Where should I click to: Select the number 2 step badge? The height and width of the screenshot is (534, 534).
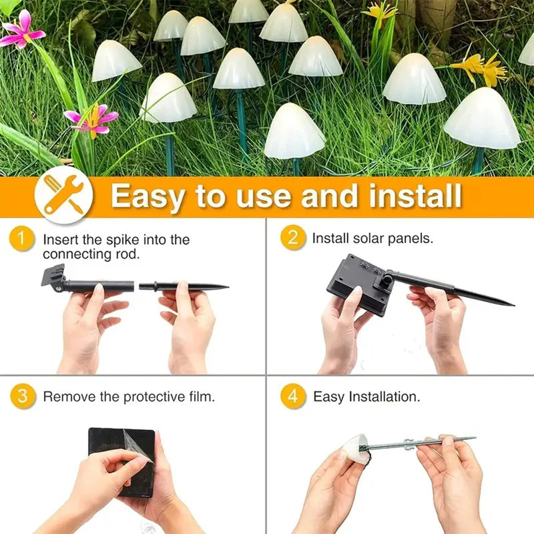[x=293, y=237]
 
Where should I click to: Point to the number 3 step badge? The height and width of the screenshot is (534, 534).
[x=23, y=396]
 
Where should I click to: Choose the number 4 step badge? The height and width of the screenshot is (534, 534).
[x=293, y=396]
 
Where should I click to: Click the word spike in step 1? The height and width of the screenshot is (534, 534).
[x=119, y=240]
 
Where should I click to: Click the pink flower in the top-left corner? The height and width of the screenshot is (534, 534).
[x=21, y=31]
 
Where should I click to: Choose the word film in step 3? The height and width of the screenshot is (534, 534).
[x=201, y=396]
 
